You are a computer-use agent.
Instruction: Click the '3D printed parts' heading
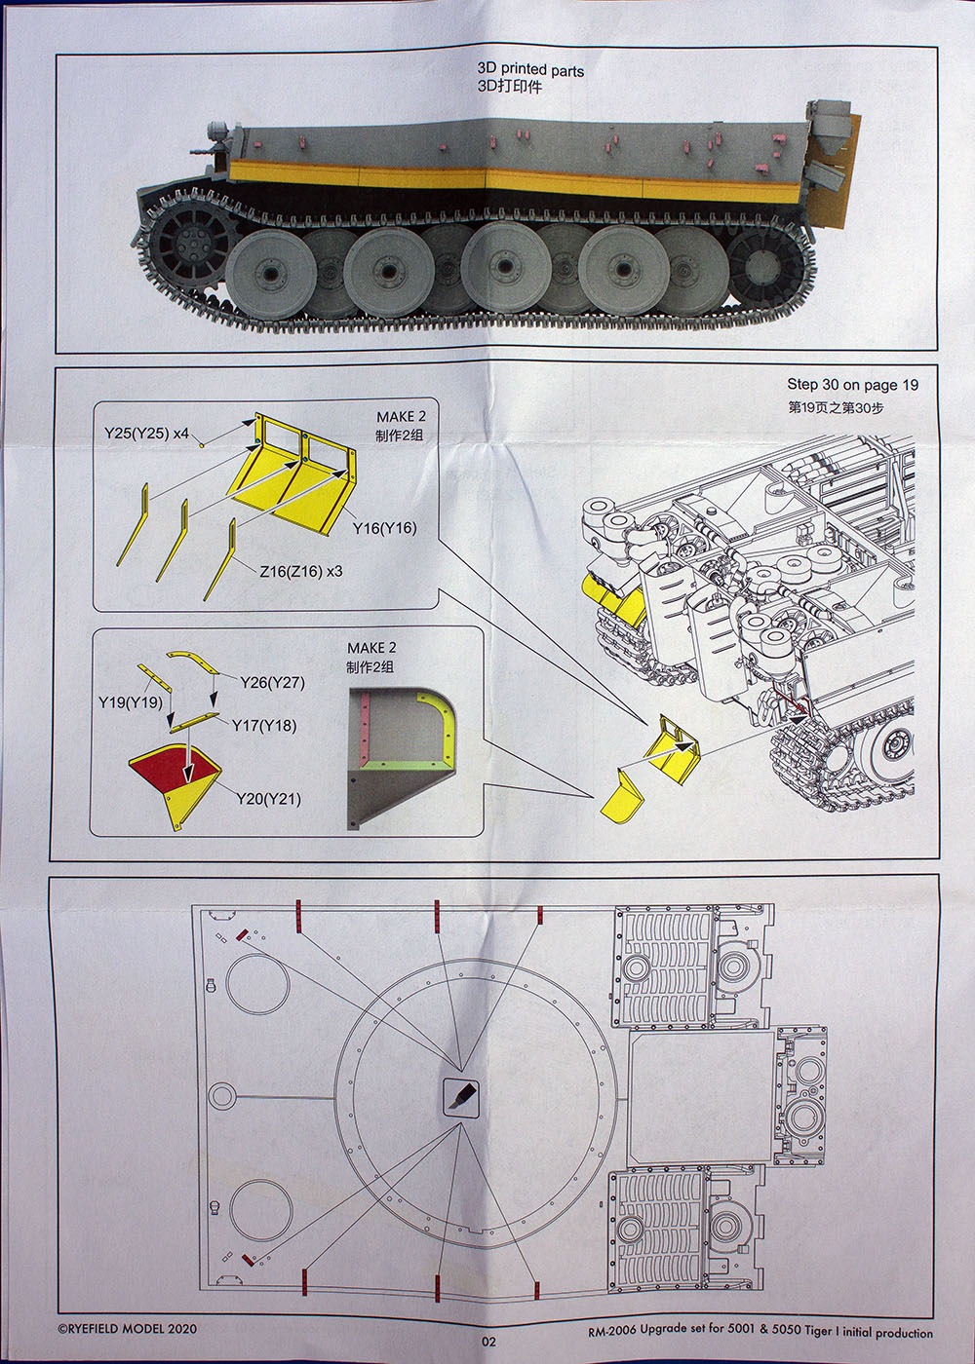[x=530, y=70]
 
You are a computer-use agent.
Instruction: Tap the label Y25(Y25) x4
[x=146, y=434]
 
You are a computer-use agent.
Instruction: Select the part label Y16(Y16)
[x=384, y=528]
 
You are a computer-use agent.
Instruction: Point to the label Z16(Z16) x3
[x=301, y=571]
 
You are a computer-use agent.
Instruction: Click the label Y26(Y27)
[x=272, y=683]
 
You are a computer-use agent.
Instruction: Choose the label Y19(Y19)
[x=131, y=702]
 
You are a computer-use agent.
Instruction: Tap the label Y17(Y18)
[x=264, y=726]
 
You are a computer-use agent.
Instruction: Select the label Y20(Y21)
[x=269, y=799]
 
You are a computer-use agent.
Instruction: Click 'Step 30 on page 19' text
[x=852, y=384]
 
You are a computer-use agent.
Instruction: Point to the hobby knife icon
[x=460, y=1097]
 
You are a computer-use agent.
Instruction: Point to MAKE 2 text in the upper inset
[x=401, y=417]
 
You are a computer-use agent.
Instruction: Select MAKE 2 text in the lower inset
[x=371, y=648]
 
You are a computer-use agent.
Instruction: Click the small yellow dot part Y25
[x=202, y=446]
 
